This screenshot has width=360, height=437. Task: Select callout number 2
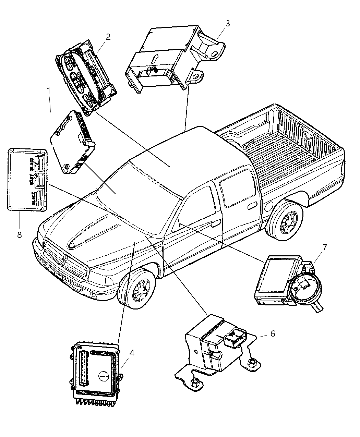coord(108,37)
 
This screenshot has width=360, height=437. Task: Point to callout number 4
coord(132,352)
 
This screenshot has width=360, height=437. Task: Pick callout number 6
coord(273,333)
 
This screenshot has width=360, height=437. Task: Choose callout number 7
coord(324,246)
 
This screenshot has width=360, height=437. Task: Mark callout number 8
coord(19,235)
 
